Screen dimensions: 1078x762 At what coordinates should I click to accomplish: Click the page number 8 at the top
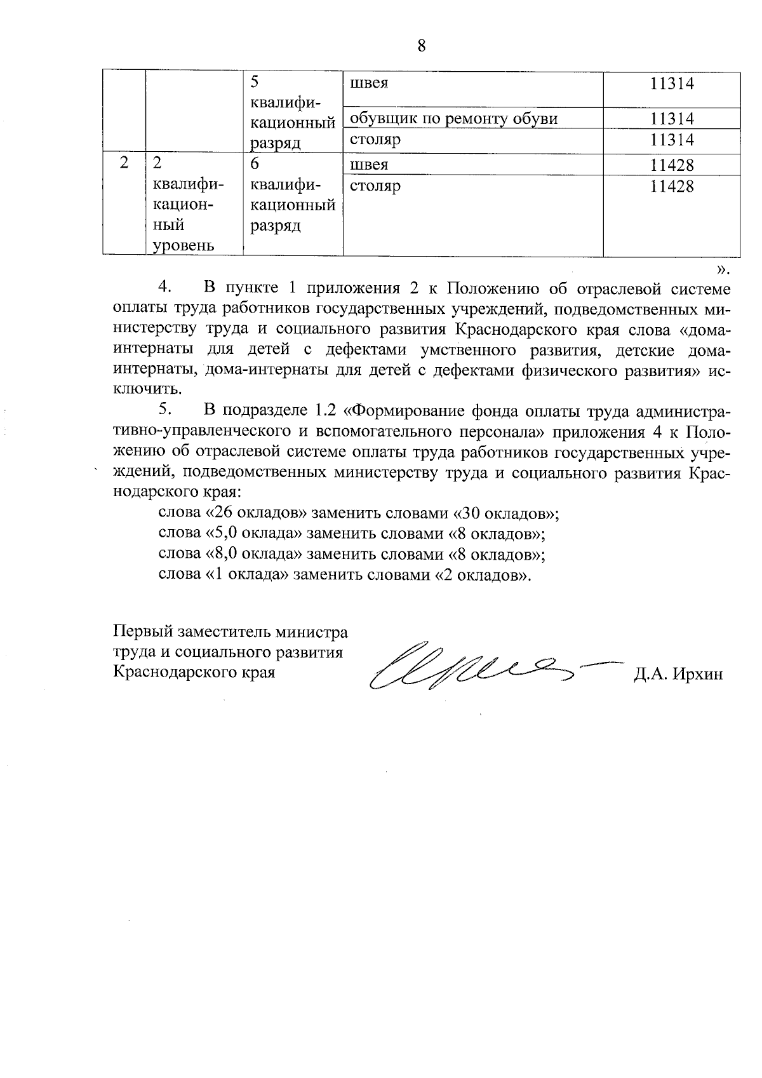click(x=421, y=46)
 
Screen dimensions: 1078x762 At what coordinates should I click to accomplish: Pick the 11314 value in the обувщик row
click(x=672, y=119)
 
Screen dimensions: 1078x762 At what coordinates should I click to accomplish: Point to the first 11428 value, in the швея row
click(x=672, y=165)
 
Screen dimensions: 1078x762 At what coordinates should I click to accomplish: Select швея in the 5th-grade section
click(x=369, y=83)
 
